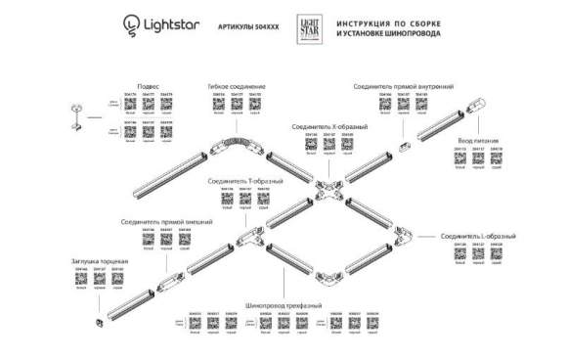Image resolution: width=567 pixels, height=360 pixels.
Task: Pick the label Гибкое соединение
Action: [x=237, y=86]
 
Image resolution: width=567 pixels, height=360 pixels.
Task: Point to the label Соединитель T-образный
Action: [x=245, y=181]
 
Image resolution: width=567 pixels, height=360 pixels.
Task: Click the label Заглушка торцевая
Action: [x=102, y=261]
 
